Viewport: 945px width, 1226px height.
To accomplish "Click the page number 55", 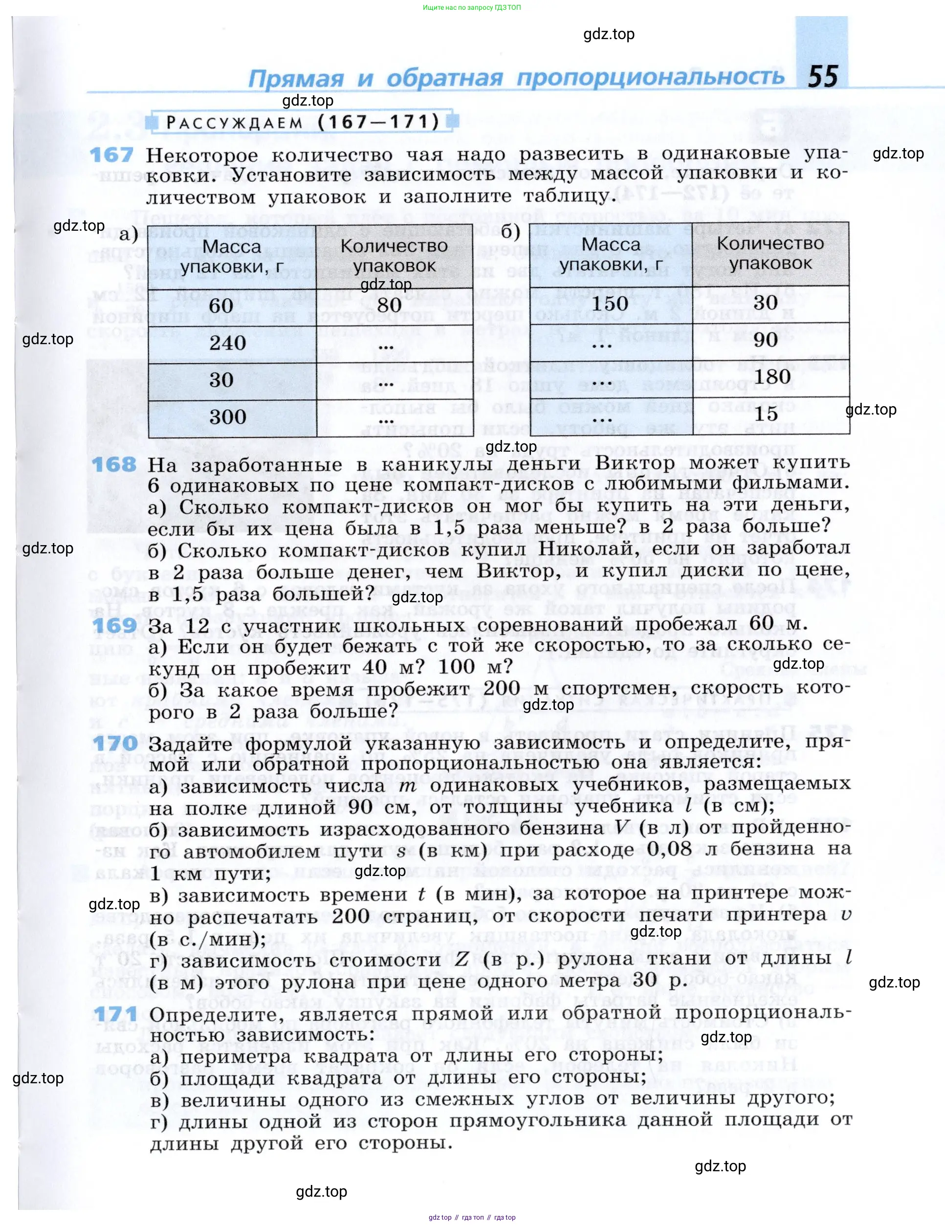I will [x=823, y=76].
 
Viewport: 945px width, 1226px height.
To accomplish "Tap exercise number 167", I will [x=112, y=155].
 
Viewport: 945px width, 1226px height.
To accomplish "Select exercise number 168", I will [x=114, y=465].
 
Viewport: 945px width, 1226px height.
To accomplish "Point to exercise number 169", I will [x=114, y=625].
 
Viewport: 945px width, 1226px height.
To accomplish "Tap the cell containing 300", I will [x=227, y=417].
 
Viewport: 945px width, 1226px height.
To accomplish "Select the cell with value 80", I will [x=389, y=306].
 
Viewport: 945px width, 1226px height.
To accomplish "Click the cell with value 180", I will [x=772, y=377].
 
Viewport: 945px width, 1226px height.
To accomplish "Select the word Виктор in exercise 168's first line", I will [x=635, y=463].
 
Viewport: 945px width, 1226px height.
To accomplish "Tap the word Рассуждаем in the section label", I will [x=234, y=123].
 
